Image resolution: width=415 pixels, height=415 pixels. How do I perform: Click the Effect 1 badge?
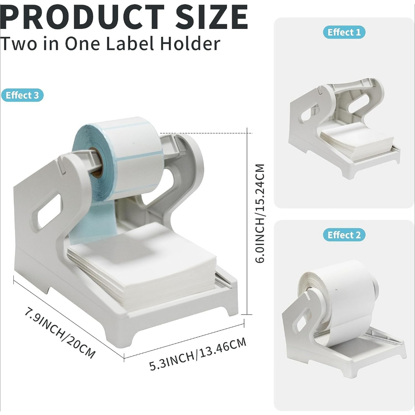pos(344,32)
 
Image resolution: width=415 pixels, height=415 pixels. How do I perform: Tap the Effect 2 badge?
pos(344,235)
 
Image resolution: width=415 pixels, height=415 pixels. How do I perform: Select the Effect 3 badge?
pos(22,95)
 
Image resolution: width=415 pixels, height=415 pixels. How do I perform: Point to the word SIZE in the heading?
pos(212,17)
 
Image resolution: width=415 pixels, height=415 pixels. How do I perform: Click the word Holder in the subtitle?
pos(190,44)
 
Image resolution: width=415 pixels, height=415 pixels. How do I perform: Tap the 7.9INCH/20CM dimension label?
pos(60,333)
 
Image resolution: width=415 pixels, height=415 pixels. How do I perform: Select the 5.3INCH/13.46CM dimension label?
pos(198,354)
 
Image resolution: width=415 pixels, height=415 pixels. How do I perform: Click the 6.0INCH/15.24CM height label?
pos(260,213)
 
